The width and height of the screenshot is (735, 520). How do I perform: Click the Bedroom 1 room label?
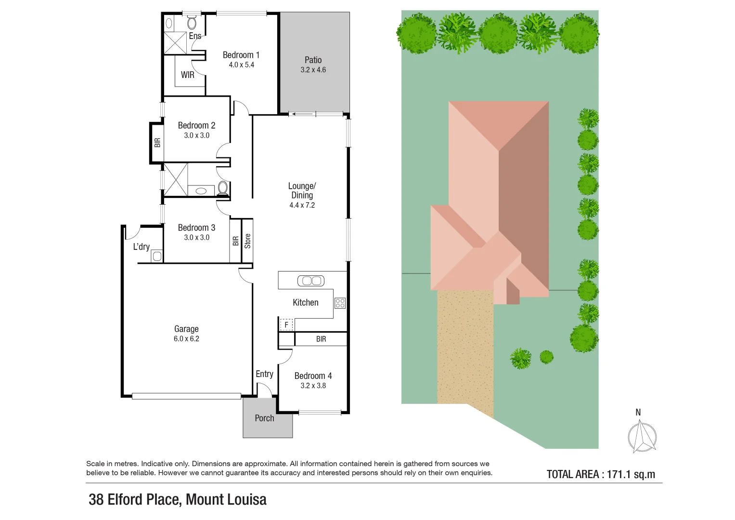click(241, 55)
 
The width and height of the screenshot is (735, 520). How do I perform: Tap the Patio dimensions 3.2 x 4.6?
click(313, 70)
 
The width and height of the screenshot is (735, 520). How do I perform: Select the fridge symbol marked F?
click(286, 325)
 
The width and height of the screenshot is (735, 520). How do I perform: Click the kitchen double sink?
click(311, 281)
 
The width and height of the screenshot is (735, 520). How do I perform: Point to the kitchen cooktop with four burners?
click(340, 303)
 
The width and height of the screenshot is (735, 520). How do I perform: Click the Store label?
click(247, 241)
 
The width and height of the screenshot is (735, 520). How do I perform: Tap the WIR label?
click(188, 75)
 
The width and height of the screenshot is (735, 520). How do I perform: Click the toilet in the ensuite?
click(192, 23)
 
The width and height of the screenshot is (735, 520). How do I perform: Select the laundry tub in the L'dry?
click(157, 256)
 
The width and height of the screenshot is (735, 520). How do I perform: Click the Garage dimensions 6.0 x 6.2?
click(186, 339)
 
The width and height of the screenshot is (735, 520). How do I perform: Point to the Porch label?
click(264, 418)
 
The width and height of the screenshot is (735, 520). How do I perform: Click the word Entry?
click(264, 374)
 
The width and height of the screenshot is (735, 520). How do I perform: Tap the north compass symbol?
click(642, 436)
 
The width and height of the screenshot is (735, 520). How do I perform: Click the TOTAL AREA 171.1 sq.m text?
click(601, 474)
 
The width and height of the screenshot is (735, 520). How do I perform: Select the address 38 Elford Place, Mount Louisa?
click(178, 500)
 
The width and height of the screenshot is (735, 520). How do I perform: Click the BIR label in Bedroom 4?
click(321, 339)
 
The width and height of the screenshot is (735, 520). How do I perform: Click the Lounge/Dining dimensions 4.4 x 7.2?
click(302, 206)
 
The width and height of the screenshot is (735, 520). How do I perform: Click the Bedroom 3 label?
click(196, 228)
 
